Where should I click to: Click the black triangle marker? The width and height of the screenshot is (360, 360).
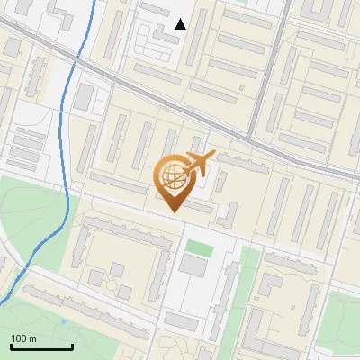(x=181, y=24)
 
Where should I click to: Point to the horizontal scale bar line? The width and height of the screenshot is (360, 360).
(x=41, y=346)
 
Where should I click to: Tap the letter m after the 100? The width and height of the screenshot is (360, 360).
(x=32, y=338)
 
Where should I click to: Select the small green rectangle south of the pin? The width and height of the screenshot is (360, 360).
(x=197, y=246)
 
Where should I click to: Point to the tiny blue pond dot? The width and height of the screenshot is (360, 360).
(x=65, y=321)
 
